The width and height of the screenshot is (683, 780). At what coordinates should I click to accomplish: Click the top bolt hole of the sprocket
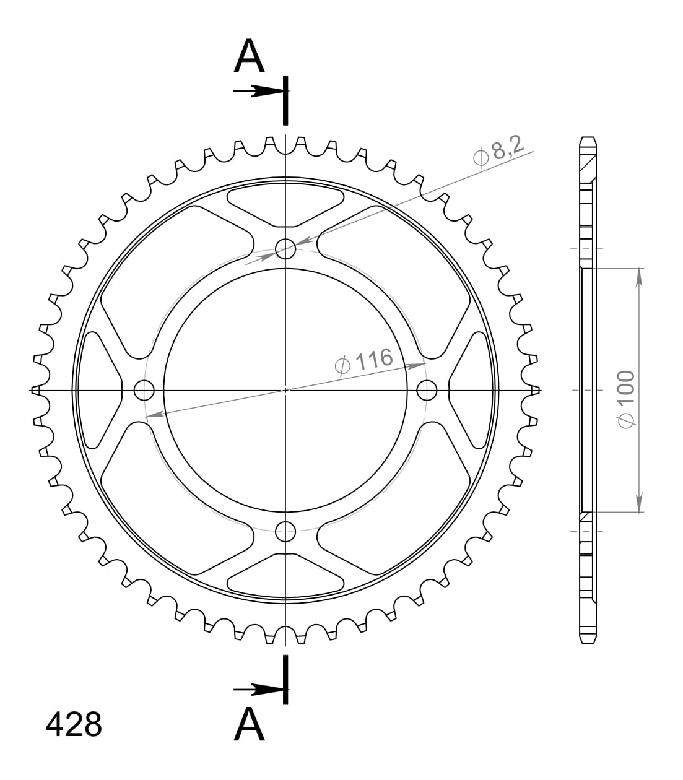click(x=285, y=250)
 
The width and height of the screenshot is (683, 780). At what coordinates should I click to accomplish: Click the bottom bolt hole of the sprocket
click(x=285, y=530)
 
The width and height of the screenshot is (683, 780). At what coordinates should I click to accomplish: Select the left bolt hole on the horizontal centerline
click(x=144, y=390)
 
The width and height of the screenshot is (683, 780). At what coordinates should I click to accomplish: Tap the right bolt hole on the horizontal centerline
click(x=427, y=390)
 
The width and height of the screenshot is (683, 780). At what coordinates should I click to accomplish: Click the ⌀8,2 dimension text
click(x=498, y=151)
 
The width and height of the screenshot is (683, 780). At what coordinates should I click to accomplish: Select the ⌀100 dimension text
click(x=626, y=399)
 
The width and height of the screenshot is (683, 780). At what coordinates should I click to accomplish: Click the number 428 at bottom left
click(x=74, y=724)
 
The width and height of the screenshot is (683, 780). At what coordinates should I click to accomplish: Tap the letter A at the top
click(x=250, y=57)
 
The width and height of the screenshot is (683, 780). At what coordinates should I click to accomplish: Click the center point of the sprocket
click(x=285, y=390)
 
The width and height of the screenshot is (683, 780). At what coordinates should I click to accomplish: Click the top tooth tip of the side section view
click(x=588, y=138)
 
